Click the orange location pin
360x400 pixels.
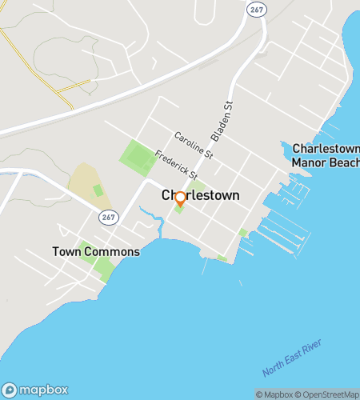click(180, 198)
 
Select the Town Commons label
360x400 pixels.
click(96, 251)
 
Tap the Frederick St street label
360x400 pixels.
click(176, 164)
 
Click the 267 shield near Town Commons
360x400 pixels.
click(110, 217)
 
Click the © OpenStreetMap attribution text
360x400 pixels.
click(328, 394)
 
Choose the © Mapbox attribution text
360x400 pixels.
click(274, 394)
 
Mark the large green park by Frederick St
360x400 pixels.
click(138, 158)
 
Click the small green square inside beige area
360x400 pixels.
click(98, 190)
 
